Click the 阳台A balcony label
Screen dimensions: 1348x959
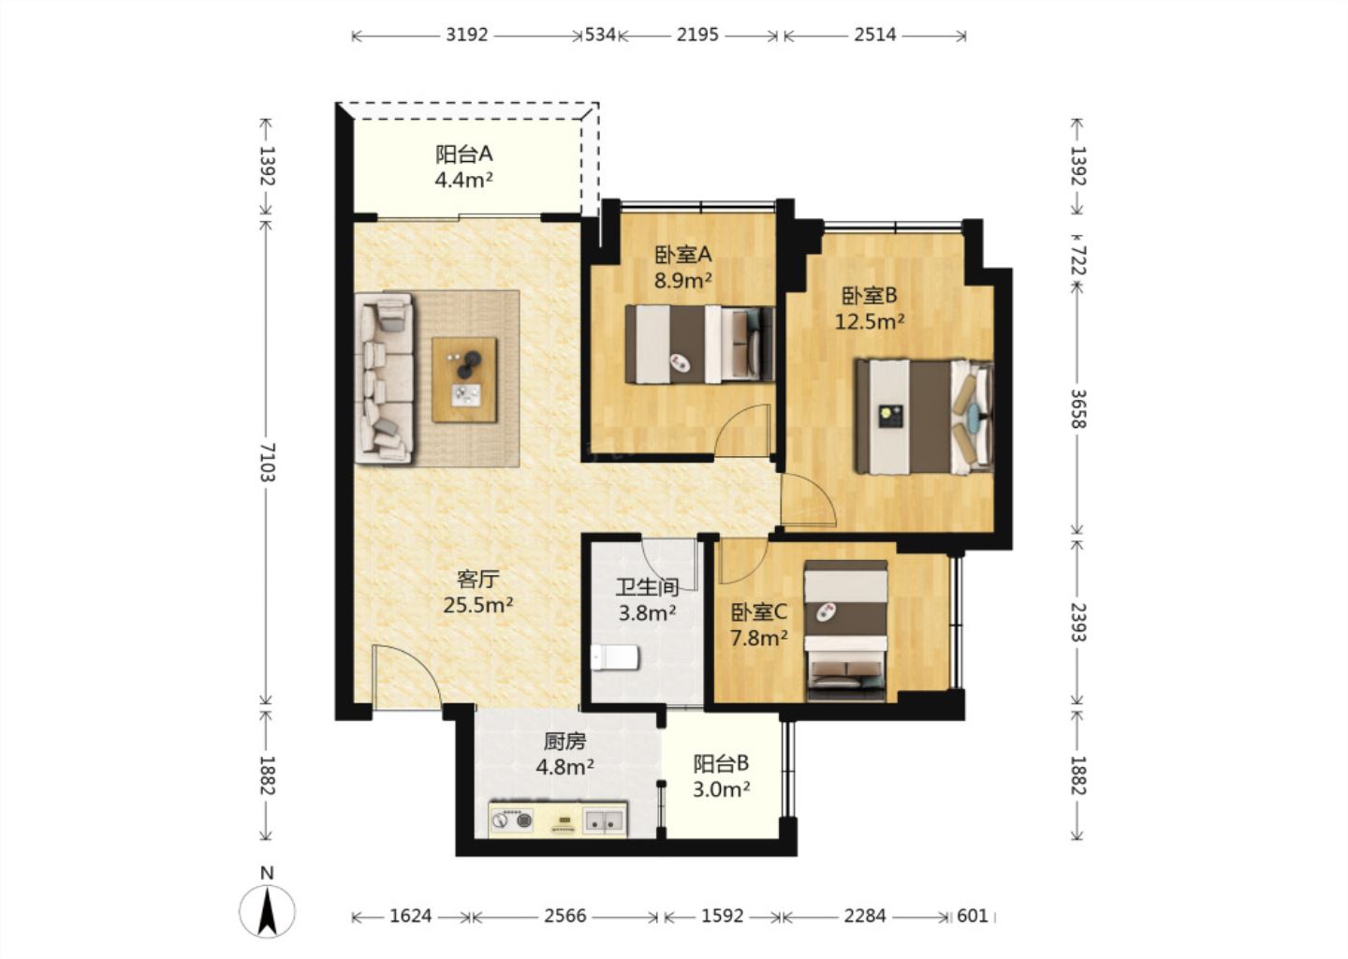tap(464, 155)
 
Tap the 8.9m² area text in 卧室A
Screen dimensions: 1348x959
tap(683, 281)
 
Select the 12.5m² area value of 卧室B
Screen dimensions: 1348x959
tap(869, 322)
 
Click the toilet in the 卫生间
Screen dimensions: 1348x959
tap(614, 658)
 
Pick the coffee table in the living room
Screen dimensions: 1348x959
tap(464, 380)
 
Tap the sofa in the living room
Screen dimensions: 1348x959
tap(384, 378)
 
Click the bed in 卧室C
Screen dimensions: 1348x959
tap(845, 631)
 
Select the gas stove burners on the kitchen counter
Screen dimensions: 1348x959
tap(512, 819)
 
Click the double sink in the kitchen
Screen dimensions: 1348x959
tap(604, 820)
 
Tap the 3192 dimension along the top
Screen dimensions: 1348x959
tap(466, 35)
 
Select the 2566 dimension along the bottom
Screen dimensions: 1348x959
tap(565, 916)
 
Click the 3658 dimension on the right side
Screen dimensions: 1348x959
tap(1077, 408)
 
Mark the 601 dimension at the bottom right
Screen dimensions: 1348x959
tap(973, 916)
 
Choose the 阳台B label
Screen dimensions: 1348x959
tap(721, 763)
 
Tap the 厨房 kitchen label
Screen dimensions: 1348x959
tap(565, 742)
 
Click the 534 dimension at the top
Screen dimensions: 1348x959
tap(601, 35)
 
